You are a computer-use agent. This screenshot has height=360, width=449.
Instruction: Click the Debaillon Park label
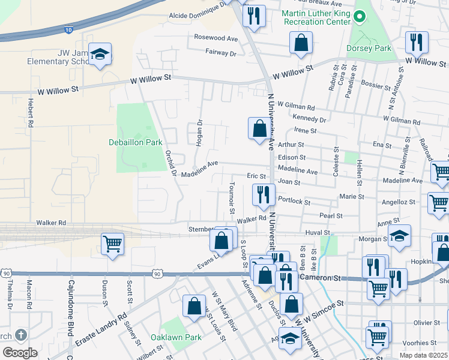coord(136,143)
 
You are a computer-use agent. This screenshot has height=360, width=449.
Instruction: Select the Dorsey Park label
coord(369,48)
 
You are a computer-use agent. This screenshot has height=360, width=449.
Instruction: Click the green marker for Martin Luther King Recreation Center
coord(360,17)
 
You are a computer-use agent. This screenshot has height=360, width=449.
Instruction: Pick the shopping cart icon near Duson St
coord(112,244)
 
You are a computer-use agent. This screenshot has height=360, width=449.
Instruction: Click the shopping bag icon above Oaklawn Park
coord(194,306)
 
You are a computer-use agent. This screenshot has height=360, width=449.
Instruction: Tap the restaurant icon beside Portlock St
coord(263,194)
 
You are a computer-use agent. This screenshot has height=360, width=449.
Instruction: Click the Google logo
coord(20,353)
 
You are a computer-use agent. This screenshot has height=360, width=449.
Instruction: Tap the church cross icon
coord(21,335)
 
